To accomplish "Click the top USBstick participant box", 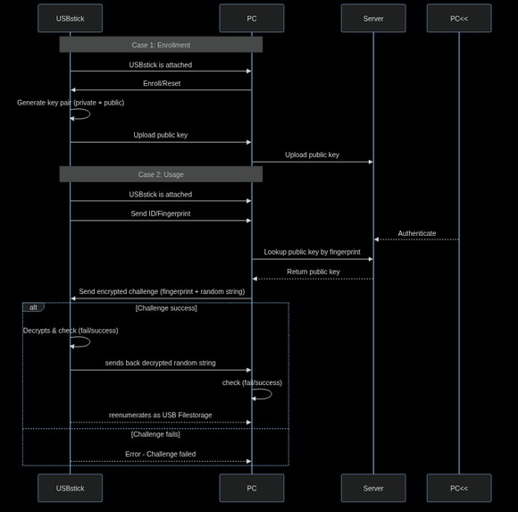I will [x=70, y=18].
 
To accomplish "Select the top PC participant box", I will [x=251, y=18].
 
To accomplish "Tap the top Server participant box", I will [x=372, y=18].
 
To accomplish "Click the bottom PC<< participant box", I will [x=458, y=488].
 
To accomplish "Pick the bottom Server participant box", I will [x=372, y=488].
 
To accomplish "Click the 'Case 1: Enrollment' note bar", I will [x=161, y=45].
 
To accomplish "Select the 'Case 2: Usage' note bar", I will [x=161, y=174].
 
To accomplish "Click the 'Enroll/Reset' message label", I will [x=162, y=83].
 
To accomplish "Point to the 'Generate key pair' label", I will [x=71, y=103].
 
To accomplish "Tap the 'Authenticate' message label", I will [x=417, y=233].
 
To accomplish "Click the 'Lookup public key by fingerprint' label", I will [x=312, y=252].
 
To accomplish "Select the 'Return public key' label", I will [x=313, y=272].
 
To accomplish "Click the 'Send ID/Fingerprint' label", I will [x=160, y=214].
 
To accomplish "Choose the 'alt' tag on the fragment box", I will [x=33, y=307].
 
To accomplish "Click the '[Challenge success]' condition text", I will [x=166, y=308].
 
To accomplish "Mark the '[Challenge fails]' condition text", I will [x=155, y=434].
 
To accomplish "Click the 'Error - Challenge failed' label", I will [x=160, y=454].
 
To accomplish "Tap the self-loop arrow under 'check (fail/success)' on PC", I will [x=263, y=394].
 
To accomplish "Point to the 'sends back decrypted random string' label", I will [x=160, y=363].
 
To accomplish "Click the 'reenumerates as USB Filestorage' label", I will [x=161, y=415].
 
